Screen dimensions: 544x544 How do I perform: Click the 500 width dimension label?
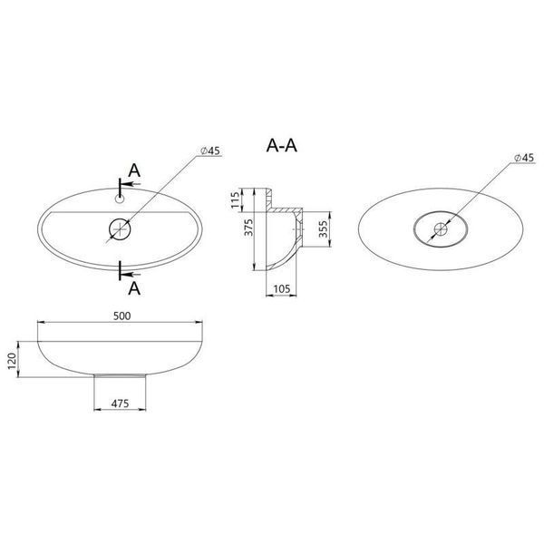click(122, 316)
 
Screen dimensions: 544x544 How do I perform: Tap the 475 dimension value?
click(120, 403)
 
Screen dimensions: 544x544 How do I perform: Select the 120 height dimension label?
click(12, 361)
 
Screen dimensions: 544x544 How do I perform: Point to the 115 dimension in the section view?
click(235, 200)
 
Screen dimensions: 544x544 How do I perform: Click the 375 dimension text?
click(248, 228)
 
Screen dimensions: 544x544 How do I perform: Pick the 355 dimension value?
click(323, 229)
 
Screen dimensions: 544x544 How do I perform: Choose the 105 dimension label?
click(281, 288)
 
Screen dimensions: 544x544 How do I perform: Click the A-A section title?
click(282, 146)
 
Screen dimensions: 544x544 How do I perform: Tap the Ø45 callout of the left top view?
click(210, 151)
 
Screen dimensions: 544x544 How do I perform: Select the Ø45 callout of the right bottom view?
click(524, 158)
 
